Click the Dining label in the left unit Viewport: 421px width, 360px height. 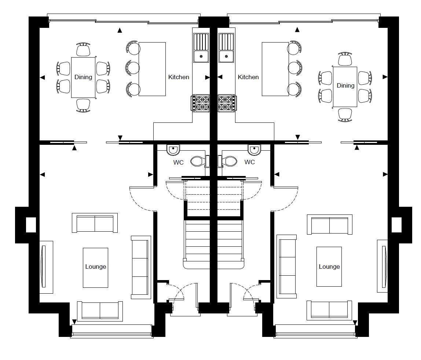click(x=83, y=77)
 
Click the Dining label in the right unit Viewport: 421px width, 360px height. click(x=345, y=85)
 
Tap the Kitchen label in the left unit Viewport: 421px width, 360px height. click(x=179, y=77)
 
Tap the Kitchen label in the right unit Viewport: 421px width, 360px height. click(x=248, y=77)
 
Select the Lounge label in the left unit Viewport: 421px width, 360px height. click(x=95, y=267)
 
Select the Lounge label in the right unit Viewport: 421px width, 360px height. click(x=329, y=267)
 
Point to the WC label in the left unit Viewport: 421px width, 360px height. click(x=179, y=162)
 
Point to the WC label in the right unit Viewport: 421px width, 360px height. click(x=249, y=162)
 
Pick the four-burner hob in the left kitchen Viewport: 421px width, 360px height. click(x=201, y=103)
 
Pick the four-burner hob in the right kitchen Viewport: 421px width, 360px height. click(x=227, y=103)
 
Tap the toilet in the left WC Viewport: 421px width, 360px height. click(x=198, y=161)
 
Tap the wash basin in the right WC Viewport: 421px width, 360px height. click(x=254, y=149)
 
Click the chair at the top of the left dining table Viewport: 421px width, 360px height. click(x=83, y=49)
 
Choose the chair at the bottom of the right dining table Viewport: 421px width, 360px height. click(x=345, y=114)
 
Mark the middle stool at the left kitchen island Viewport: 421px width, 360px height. click(x=133, y=68)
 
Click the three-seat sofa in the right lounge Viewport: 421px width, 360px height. click(x=287, y=267)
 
